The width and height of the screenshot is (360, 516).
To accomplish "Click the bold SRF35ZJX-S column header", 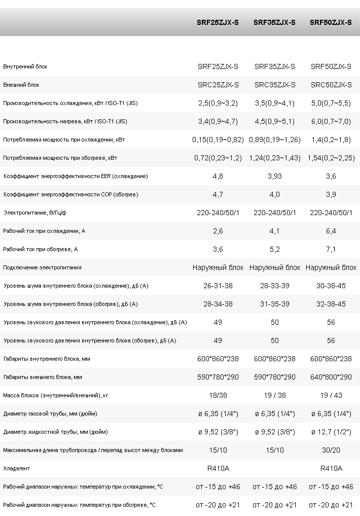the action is [x=274, y=22].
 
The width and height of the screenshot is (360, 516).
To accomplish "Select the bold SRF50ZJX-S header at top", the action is [x=331, y=22].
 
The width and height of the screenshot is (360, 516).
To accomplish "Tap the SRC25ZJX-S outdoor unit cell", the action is [x=218, y=85].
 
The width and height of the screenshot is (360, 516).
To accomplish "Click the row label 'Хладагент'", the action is [x=16, y=468].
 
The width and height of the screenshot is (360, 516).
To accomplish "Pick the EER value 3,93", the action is [x=274, y=177].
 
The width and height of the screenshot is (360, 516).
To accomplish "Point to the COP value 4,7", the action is [x=218, y=194].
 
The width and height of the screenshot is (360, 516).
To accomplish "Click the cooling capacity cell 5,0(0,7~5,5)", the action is [x=331, y=104].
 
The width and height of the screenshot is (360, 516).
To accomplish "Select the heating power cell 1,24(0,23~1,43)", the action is [x=275, y=158].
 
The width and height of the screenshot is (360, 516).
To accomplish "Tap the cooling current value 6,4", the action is [x=331, y=231].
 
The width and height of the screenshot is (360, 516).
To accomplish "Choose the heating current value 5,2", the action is [x=274, y=250].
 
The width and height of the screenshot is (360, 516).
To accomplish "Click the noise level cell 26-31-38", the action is [x=218, y=286].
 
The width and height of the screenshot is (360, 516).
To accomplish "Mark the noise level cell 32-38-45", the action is [x=331, y=304].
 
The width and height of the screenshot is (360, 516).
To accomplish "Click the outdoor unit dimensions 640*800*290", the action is [x=331, y=377].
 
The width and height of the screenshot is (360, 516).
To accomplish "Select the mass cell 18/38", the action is [x=218, y=395].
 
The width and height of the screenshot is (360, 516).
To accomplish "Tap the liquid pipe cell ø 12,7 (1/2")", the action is [x=331, y=432].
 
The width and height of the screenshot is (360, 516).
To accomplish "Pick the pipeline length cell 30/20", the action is [x=331, y=450].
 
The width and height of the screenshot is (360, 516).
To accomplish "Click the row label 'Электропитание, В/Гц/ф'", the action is [x=35, y=213].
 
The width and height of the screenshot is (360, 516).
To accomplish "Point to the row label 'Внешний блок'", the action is [x=21, y=85].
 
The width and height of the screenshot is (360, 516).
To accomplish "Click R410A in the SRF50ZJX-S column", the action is [x=331, y=468].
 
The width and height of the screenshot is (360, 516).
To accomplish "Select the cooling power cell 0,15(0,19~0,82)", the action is [x=218, y=140].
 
